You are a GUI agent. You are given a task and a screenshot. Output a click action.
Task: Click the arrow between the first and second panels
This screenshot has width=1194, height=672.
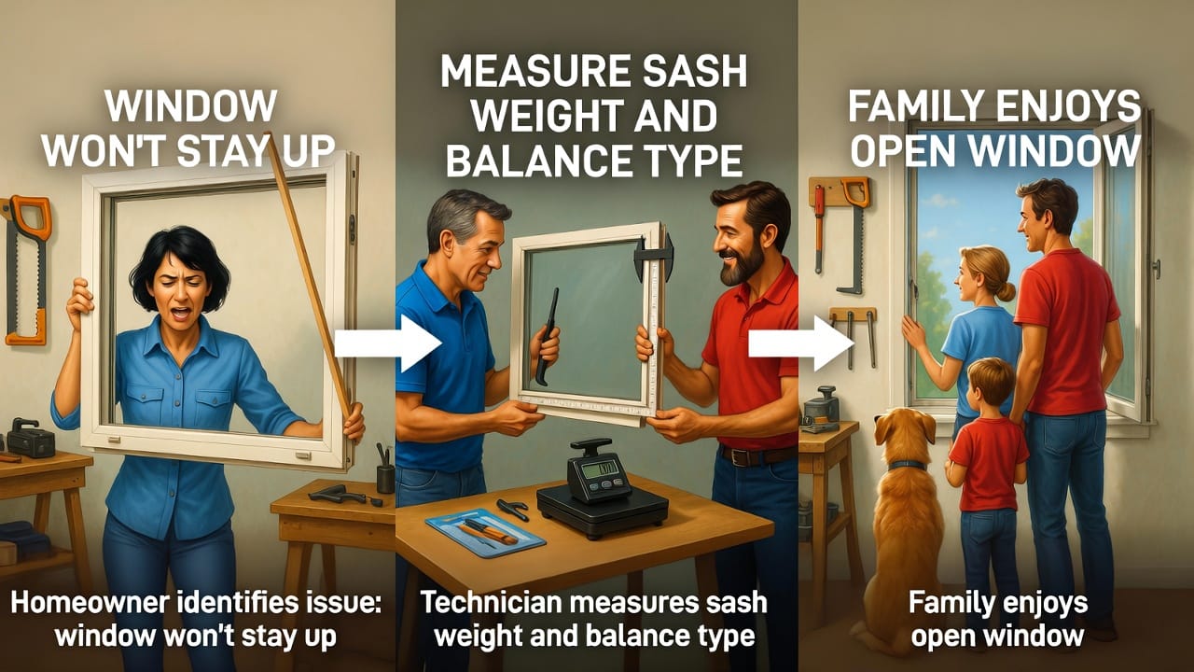[388, 343]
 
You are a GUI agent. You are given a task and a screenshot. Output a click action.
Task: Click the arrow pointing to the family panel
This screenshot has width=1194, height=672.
[801, 343]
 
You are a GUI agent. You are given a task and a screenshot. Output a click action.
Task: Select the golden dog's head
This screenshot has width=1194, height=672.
[906, 432]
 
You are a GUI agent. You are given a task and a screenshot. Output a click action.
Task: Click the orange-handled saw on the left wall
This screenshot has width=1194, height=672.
[28, 270]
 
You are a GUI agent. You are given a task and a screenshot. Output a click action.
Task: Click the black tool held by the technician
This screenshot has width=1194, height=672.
[547, 337]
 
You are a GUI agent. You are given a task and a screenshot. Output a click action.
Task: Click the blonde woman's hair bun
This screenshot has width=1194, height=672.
[1006, 291]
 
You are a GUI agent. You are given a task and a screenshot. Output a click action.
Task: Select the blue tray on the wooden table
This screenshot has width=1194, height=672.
[486, 532]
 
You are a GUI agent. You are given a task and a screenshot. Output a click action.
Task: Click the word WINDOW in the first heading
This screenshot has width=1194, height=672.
[192, 106]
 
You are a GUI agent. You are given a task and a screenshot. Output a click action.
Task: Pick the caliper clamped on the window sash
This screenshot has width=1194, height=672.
[653, 261]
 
